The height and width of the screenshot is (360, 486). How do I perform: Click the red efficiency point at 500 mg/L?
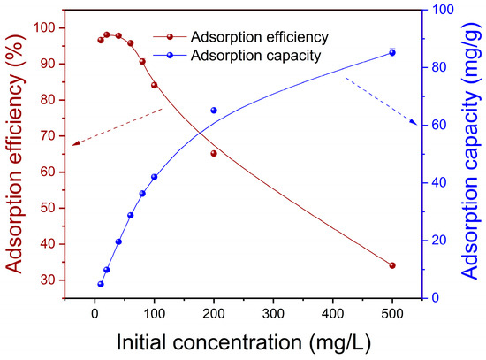392,265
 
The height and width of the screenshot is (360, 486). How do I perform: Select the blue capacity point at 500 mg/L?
392,53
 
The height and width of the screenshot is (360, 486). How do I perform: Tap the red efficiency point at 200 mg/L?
214,153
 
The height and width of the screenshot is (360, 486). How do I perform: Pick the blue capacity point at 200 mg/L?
214,111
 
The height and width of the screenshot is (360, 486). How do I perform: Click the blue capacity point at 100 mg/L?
154,177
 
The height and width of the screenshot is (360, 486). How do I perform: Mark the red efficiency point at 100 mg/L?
154,85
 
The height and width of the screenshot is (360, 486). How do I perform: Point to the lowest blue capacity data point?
101,284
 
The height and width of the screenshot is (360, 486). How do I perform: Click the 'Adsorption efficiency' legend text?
260,37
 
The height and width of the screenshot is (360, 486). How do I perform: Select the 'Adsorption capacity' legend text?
255,56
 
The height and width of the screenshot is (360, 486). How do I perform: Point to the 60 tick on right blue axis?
437,125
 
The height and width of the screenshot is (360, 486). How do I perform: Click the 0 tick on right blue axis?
435,298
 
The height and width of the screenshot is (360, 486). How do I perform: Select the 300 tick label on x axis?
273,314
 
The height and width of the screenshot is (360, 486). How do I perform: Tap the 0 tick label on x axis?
95,314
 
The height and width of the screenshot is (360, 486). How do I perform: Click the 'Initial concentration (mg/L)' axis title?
244,342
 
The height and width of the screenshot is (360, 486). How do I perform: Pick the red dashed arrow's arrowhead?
75,143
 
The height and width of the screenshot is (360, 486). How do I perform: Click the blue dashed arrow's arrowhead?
414,122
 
